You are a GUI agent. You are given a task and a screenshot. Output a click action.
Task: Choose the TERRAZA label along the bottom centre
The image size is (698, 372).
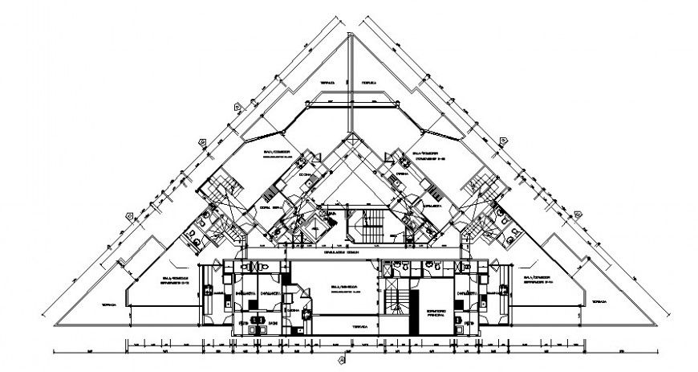(x=359, y=325)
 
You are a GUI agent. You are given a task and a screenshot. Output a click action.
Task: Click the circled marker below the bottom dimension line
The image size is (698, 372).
(x=342, y=360)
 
